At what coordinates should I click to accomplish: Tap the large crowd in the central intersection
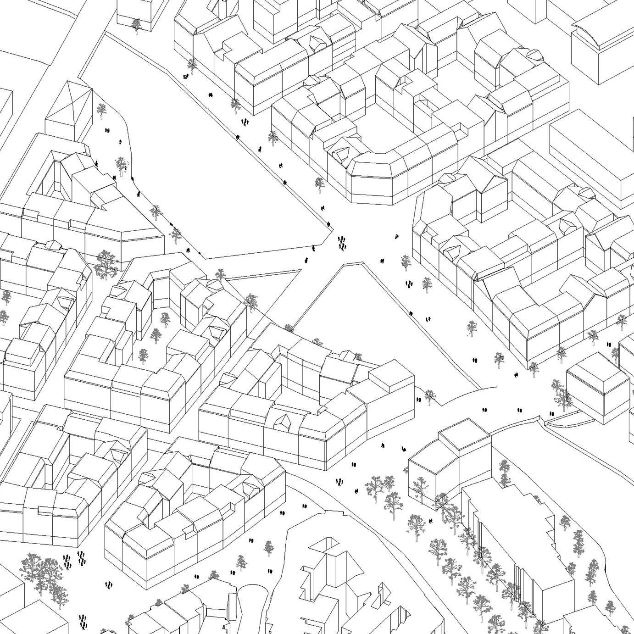point(341,243)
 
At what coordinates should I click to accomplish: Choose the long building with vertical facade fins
point(518,551)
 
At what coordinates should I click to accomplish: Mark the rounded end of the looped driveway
point(250,592)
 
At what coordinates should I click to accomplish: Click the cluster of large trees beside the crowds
point(44,571)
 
